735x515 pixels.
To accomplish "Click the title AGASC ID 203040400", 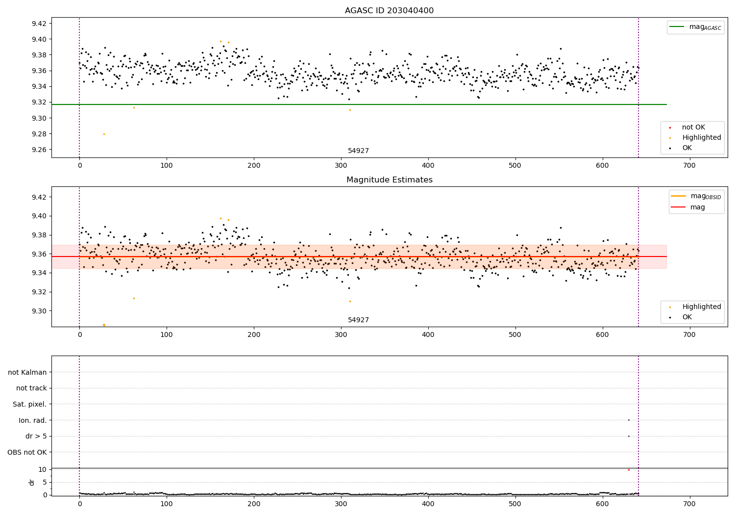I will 389,11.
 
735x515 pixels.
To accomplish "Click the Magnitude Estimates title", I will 389,180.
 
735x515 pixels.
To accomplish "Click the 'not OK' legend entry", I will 693,128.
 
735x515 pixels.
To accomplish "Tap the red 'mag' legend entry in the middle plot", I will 697,207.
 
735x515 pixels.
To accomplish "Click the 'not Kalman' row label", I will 27,372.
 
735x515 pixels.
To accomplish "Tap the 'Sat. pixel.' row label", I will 29,404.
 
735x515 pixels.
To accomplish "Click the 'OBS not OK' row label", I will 27,452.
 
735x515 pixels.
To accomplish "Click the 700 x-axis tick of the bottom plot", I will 689,504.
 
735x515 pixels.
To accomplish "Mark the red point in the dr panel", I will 629,470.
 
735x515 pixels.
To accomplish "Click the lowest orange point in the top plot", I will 104,134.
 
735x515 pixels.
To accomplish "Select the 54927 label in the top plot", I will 358,151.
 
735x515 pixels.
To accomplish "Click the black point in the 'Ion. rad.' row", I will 629,420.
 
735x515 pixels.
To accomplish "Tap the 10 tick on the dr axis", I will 43,469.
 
